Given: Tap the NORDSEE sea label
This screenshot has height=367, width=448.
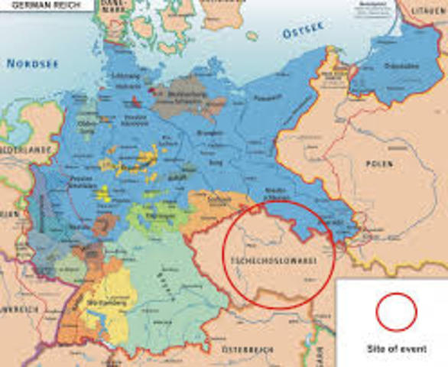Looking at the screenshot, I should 33,63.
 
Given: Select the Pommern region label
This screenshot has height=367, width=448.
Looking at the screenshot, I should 267,99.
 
